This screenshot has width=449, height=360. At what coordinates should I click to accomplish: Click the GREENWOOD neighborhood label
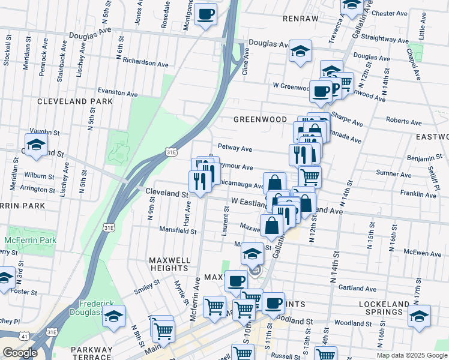260,119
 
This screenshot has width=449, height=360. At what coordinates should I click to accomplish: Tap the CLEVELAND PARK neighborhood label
75,101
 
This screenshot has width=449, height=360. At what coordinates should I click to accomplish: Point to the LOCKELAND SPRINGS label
388,308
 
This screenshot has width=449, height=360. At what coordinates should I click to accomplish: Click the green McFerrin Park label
30,241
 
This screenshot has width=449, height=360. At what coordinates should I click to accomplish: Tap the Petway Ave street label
235,147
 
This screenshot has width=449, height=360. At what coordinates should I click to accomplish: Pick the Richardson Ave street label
145,62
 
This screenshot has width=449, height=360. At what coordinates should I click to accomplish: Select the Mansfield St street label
178,230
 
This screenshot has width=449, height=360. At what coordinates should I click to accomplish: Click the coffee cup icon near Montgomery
206,14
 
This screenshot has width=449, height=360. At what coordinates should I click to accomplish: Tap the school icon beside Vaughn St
37,145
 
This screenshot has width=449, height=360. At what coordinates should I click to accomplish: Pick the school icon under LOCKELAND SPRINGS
420,316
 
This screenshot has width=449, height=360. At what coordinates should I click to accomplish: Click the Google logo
20,352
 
